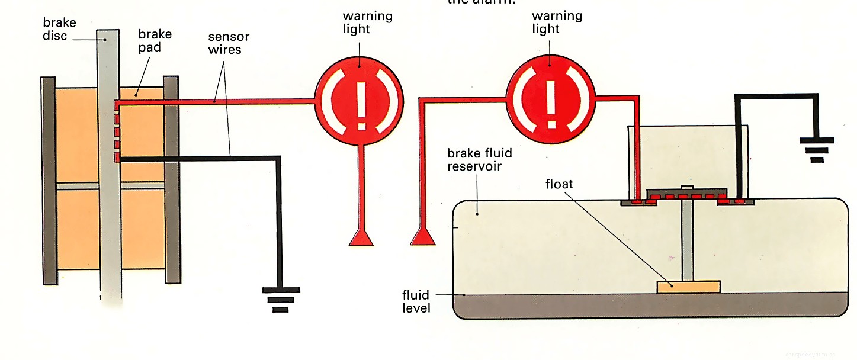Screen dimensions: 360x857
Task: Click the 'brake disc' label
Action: tap(59, 29)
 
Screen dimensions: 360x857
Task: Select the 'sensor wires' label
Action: tap(228, 43)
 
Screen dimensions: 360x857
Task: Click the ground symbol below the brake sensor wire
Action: tap(281, 300)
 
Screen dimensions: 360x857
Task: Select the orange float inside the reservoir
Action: tap(689, 287)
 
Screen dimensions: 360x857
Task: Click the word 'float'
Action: tap(559, 184)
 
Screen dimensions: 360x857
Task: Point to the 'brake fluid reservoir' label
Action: tap(480, 159)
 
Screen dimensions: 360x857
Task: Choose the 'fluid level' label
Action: tap(416, 301)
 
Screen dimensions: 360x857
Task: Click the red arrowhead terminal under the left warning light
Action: tap(360, 237)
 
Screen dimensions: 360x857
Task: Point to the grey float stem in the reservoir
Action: tap(687, 243)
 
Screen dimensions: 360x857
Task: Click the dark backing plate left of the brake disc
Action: tap(47, 178)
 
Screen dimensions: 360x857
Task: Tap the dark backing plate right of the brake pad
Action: tap(171, 178)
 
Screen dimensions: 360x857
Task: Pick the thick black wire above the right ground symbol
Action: tap(776, 96)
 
